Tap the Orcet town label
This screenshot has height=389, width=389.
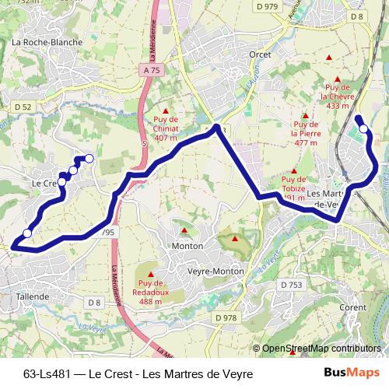coord(259,54)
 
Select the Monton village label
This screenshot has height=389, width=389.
coord(187,246)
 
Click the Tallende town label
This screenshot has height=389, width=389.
coord(32,296)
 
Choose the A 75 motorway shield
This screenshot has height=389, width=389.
coord(152,70)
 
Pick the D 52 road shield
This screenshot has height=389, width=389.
coord(23,107)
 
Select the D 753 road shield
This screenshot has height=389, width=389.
coord(291,285)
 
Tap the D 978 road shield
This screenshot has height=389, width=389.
coord(226,317)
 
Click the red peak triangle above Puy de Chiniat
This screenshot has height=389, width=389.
coord(166,110)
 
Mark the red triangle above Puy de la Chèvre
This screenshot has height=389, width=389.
coord(338,79)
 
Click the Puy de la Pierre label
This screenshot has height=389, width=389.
coord(306,133)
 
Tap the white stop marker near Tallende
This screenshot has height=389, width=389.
coord(27,233)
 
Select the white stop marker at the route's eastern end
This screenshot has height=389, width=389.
coord(363,128)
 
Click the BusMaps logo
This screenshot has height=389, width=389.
coord(351,373)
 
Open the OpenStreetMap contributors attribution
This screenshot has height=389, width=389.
coord(321,349)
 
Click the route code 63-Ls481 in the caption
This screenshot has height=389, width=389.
coord(47,373)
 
